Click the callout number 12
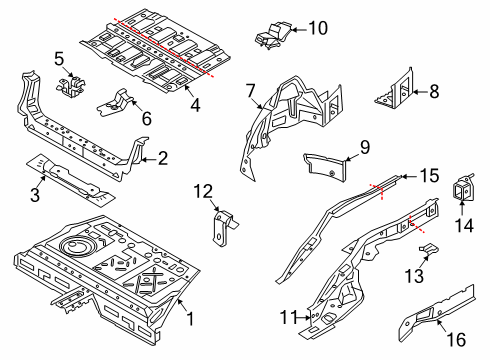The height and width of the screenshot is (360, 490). coord(203,191)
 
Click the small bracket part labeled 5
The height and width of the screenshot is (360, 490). coord(70,86)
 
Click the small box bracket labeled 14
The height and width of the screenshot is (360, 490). coord(463,189)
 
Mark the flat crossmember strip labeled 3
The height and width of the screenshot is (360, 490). coord(70,178)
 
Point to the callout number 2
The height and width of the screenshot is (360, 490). coord(162,157)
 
